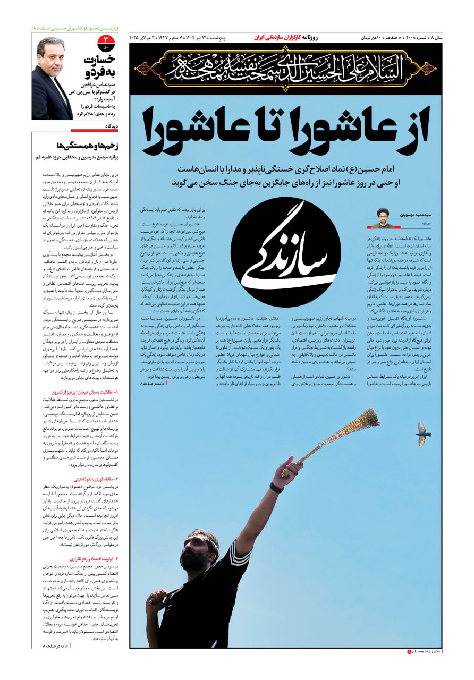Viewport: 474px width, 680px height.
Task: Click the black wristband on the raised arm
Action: click(x=276, y=487)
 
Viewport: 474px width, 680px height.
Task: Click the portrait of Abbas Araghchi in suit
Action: click(x=52, y=78)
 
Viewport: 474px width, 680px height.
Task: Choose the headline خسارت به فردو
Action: click(x=100, y=65)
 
